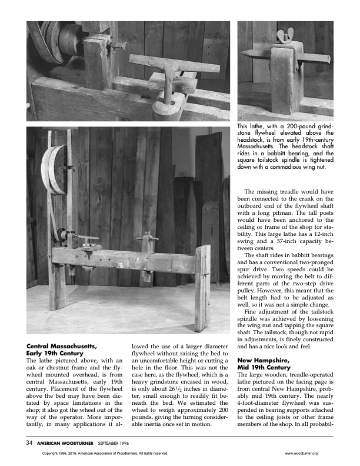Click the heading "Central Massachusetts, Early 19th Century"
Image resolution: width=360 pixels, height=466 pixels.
pos(61,349)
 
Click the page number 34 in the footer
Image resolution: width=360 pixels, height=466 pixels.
pos(29,442)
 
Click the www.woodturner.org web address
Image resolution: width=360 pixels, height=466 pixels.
pos(301,453)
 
